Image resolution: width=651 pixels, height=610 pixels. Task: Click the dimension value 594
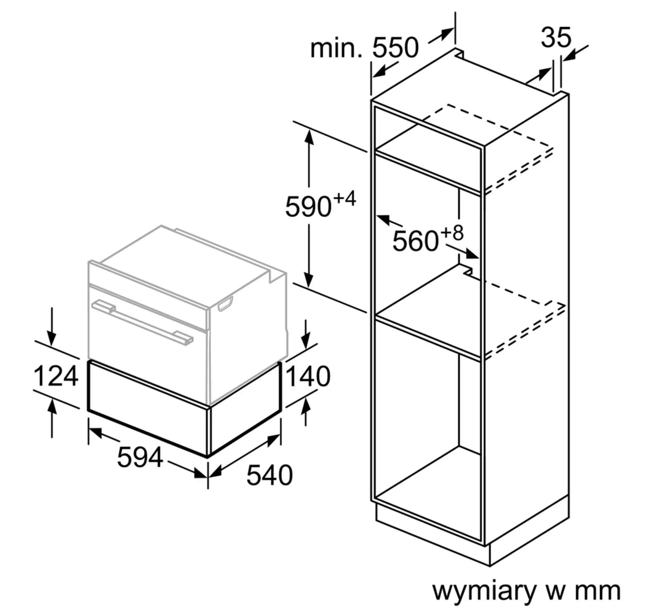pos(140,457)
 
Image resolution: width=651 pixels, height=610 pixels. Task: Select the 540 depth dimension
pos(269,475)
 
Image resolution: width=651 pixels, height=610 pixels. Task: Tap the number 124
pos(56,376)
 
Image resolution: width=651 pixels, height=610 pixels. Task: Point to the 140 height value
pos(308,376)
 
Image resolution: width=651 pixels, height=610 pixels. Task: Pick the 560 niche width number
pos(415,241)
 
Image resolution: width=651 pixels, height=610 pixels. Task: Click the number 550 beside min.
pos(395,48)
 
